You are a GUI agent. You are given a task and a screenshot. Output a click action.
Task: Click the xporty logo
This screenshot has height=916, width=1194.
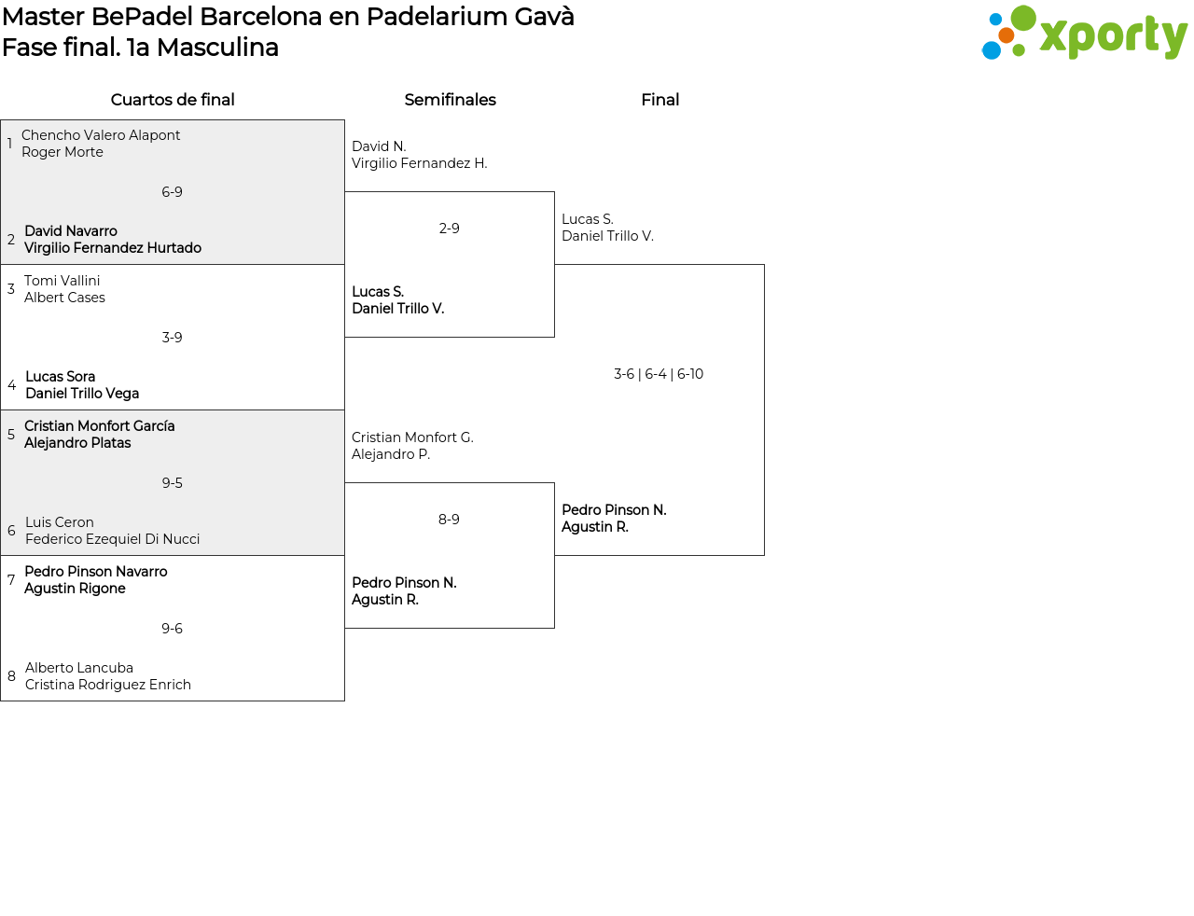click(1084, 33)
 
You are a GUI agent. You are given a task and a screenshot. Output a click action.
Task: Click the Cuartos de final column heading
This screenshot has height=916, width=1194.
click(173, 100)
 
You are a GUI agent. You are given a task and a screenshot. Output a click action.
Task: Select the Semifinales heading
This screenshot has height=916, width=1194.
click(450, 100)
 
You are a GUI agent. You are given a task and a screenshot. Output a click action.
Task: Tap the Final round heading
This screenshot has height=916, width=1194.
click(659, 100)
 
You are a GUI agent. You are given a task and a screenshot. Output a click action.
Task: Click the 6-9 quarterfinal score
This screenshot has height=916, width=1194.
click(172, 192)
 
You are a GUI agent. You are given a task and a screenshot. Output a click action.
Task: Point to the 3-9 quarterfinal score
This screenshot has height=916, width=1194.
click(172, 338)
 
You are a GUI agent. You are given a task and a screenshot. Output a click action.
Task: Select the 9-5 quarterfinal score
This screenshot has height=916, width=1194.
click(172, 483)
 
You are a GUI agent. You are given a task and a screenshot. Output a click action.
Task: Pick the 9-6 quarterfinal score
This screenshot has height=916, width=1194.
click(172, 629)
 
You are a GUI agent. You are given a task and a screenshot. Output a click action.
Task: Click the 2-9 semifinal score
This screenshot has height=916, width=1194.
click(449, 228)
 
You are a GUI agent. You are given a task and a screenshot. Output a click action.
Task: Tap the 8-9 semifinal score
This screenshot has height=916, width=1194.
click(449, 520)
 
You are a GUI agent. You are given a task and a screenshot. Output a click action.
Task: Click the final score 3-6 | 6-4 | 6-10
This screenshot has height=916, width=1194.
click(659, 374)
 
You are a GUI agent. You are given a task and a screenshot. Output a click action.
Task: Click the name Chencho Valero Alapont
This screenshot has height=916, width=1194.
click(101, 135)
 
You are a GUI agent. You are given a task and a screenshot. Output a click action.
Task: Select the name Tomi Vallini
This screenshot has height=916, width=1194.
click(62, 281)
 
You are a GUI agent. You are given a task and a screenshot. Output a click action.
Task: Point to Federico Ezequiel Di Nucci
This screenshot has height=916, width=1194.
click(112, 539)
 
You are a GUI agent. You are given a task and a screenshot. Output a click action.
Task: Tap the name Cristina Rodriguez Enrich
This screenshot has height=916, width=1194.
click(107, 685)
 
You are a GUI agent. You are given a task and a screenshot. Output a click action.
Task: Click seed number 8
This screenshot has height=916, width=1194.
click(11, 676)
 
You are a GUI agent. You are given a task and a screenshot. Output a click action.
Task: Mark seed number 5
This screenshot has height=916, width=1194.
click(11, 434)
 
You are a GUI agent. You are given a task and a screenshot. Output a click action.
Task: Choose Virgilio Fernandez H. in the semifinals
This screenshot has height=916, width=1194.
click(419, 163)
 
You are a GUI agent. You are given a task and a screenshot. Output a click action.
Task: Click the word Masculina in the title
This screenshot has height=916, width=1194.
click(217, 48)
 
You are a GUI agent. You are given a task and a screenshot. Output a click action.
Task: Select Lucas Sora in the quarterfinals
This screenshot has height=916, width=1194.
click(61, 377)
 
